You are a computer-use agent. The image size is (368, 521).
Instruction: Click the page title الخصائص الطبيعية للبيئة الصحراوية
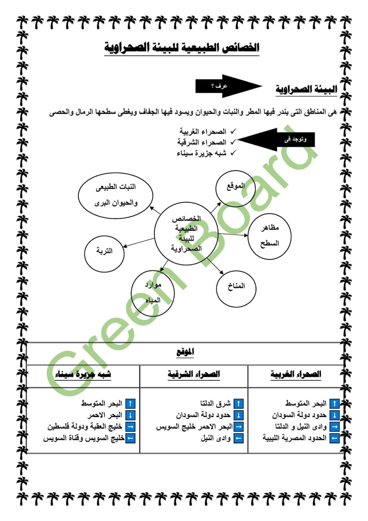click(x=182, y=48)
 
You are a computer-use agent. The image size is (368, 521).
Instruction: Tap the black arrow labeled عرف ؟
click(x=225, y=86)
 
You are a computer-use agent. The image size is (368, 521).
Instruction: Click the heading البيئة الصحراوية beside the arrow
click(x=306, y=89)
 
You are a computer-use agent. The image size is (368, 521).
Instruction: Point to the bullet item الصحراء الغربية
click(x=203, y=131)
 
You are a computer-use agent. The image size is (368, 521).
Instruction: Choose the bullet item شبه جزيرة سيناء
click(x=201, y=153)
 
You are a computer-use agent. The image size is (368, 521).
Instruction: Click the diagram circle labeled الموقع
click(x=235, y=186)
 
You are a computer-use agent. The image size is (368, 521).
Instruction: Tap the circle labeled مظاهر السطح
click(x=270, y=235)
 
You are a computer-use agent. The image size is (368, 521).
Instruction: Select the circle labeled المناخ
click(x=236, y=286)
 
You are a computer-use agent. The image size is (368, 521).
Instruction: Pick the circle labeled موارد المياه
click(x=153, y=293)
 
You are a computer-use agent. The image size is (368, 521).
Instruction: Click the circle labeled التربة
click(x=104, y=251)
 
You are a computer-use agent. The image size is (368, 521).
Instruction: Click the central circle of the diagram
click(x=186, y=234)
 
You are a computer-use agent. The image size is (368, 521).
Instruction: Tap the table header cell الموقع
click(x=185, y=352)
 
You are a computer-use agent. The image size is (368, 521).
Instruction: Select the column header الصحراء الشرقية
click(x=194, y=375)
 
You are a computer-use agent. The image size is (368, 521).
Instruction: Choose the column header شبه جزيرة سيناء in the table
click(x=83, y=375)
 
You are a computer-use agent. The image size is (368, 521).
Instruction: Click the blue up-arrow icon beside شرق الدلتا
click(x=239, y=404)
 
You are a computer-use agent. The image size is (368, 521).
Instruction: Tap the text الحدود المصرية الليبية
click(x=294, y=438)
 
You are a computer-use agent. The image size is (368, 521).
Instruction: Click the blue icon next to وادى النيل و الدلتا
click(x=335, y=426)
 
